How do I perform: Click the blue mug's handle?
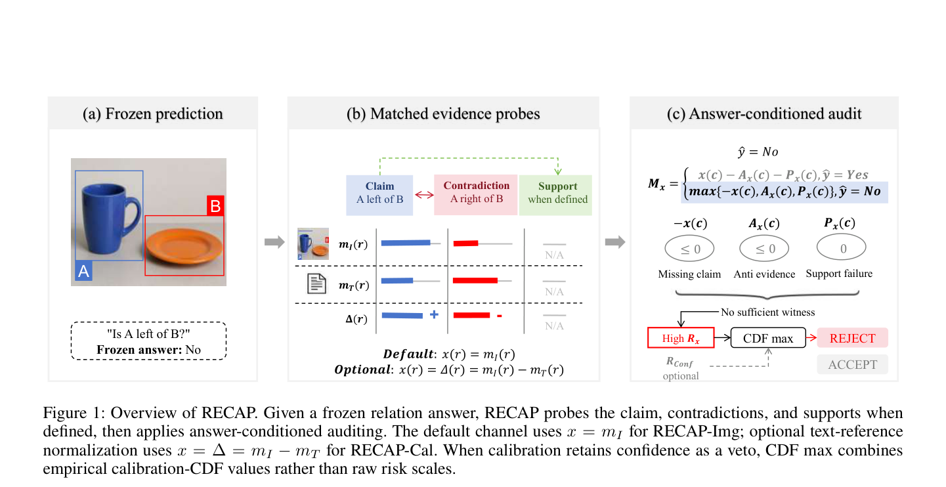pos(135,214)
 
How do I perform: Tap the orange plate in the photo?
pos(184,246)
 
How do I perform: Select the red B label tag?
pos(215,205)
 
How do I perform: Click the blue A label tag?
pos(83,271)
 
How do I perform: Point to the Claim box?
pos(379,195)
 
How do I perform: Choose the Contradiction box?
pos(476,195)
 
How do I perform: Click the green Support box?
pos(555,195)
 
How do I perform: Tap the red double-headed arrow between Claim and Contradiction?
pos(424,195)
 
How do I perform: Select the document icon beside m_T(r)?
pos(316,284)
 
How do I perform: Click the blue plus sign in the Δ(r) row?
pos(434,314)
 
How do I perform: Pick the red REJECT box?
pos(852,338)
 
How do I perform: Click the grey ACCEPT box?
pos(852,364)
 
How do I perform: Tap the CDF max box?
pos(768,338)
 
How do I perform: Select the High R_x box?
pos(681,338)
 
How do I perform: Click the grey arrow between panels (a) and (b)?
pos(274,242)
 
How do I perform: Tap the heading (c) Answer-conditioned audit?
pos(764,114)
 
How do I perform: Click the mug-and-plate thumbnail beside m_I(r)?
pos(313,243)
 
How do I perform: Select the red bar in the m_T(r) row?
pos(475,280)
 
